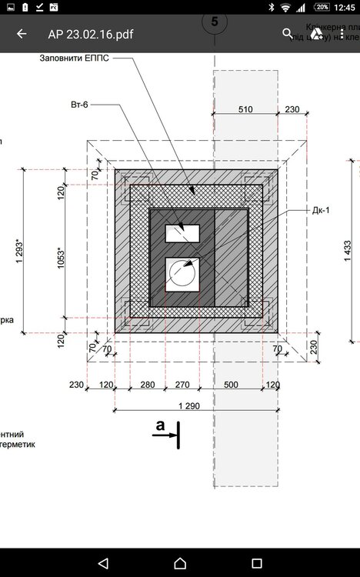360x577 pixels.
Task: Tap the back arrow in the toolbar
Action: click(x=22, y=34)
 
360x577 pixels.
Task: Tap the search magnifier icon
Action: click(x=288, y=34)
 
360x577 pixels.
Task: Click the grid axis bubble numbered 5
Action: click(x=214, y=22)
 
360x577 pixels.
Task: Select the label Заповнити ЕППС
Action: click(x=79, y=58)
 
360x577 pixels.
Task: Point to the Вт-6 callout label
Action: click(x=79, y=105)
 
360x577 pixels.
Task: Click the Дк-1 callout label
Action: click(x=321, y=209)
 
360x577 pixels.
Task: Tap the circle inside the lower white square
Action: click(x=183, y=273)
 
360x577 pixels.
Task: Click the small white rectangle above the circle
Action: click(x=183, y=233)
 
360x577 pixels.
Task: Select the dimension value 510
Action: click(x=244, y=110)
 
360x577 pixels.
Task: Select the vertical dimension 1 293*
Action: click(x=19, y=252)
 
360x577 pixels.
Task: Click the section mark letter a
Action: click(x=160, y=424)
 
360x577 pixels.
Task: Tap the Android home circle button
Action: click(x=180, y=562)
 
